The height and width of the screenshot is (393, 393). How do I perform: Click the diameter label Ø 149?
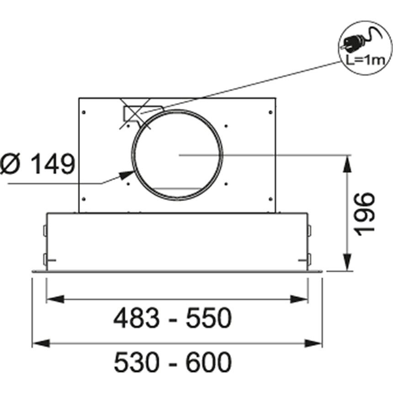(x=37, y=164)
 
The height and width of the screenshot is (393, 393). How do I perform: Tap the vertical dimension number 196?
(x=365, y=214)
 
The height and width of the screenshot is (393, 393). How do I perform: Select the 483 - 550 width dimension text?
(x=173, y=318)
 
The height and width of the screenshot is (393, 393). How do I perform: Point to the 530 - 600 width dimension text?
(x=173, y=362)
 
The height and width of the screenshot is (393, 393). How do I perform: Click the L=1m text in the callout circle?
(x=366, y=61)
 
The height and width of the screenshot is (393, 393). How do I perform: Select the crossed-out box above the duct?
(x=135, y=114)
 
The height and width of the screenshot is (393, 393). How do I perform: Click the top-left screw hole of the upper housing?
(x=84, y=112)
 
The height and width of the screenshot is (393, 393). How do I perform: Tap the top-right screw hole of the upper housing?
(x=271, y=112)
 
